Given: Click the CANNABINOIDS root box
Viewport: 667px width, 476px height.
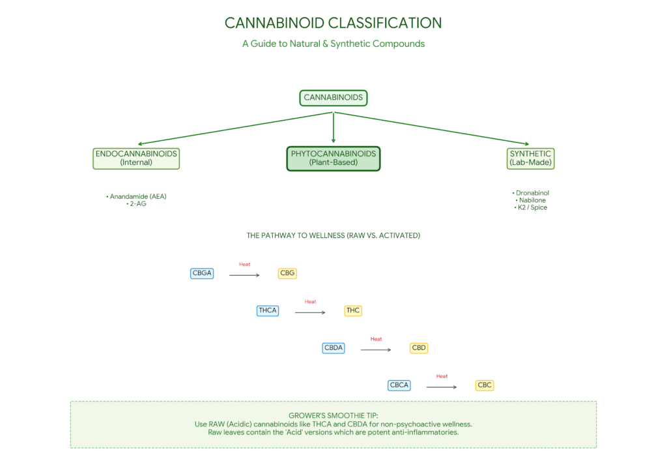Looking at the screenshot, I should [x=333, y=98].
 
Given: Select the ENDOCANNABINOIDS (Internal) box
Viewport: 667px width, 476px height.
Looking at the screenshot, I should [x=136, y=158].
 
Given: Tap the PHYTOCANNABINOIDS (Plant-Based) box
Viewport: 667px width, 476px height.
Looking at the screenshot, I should [x=333, y=158].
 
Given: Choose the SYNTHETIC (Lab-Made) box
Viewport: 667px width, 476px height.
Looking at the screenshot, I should [x=530, y=158].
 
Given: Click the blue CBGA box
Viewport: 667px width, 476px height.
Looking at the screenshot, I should [x=202, y=273].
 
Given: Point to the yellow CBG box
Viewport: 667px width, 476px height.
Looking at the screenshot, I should [x=287, y=273].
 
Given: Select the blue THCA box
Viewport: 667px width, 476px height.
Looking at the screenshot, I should [x=268, y=310].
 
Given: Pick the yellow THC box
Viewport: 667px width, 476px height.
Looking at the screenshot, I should [x=353, y=310].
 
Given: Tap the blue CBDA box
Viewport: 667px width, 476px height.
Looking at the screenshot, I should [x=333, y=348].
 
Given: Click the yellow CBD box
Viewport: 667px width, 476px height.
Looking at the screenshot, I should [x=419, y=348].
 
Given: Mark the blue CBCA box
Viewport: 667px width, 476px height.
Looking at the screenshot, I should [x=399, y=385].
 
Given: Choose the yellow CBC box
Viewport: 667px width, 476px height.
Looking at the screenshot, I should [x=485, y=385].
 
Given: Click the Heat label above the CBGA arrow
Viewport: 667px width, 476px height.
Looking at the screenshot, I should [x=245, y=264].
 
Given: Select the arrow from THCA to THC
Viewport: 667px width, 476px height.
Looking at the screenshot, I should [x=310, y=313].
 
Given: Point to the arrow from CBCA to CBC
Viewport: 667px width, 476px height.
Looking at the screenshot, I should [x=442, y=387].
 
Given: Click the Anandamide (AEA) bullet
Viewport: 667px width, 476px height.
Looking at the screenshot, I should [x=136, y=196].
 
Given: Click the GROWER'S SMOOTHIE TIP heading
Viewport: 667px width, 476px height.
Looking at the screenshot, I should [x=333, y=415].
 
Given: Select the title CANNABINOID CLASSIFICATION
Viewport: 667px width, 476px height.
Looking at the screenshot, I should [x=333, y=23].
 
